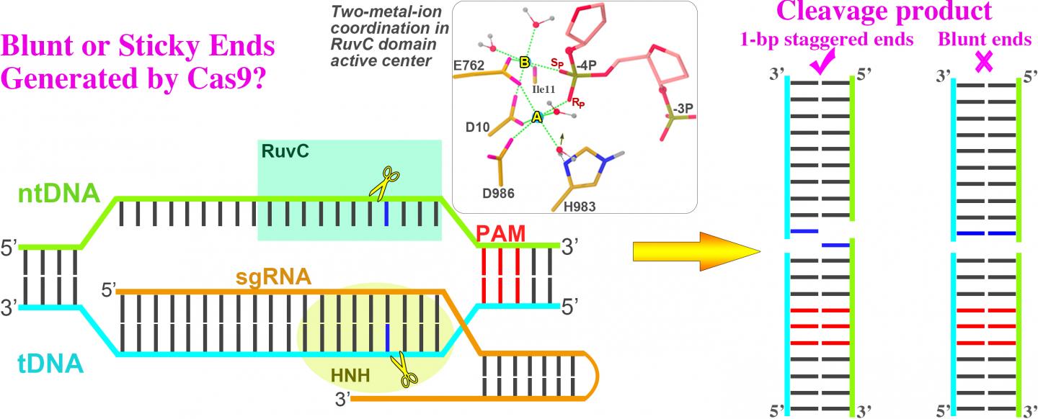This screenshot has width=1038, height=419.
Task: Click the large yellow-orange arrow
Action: click(x=696, y=251)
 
